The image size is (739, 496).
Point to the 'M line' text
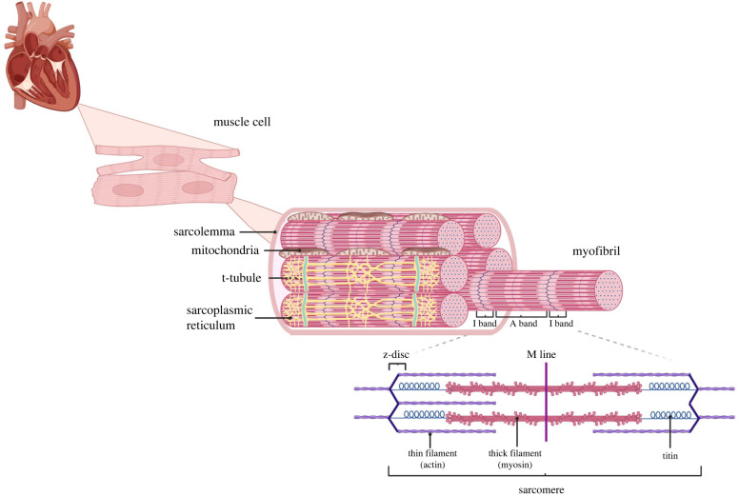[x=546, y=354]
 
